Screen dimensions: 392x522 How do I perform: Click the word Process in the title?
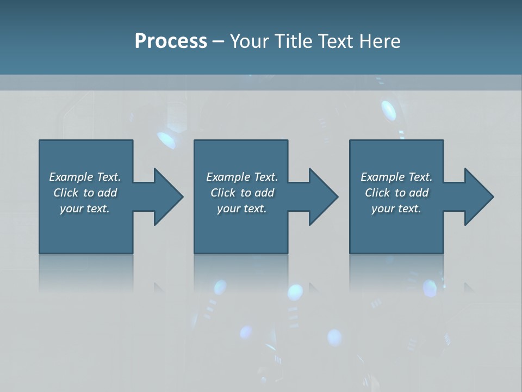171,41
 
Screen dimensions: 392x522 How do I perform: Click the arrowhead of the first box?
168,197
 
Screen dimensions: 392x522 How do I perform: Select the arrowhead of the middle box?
323,197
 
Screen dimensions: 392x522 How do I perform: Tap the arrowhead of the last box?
478,197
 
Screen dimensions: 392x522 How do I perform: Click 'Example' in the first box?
71,177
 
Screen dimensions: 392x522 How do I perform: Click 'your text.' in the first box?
85,209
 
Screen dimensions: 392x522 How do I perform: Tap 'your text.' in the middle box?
242,209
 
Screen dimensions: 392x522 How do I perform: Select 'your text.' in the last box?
396,209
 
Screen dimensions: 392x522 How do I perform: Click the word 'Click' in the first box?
66,193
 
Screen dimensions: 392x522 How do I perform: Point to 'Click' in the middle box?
223,193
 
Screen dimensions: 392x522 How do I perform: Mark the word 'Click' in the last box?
378,193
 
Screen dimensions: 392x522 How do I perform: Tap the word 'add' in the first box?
107,193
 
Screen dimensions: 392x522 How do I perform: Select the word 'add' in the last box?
419,193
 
